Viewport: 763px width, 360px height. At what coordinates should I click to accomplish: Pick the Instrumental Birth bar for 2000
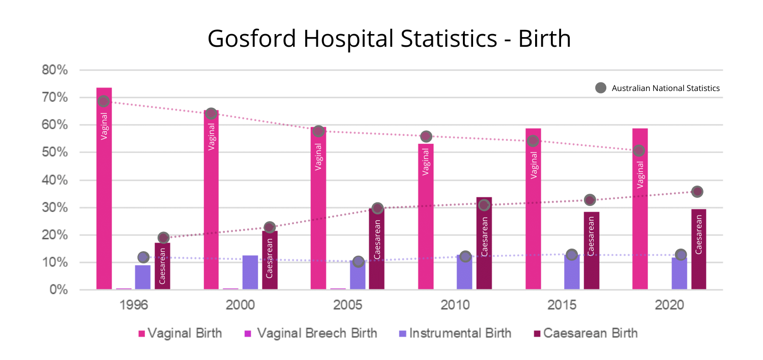(250, 273)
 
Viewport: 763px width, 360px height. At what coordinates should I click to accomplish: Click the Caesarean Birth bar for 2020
(698, 249)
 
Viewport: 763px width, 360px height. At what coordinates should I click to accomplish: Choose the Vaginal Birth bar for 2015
(533, 208)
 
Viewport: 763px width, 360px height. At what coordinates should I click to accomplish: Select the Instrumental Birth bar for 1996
(142, 277)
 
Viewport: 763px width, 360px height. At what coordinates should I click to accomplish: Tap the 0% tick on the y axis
(58, 290)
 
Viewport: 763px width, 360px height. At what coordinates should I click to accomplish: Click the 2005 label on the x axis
(348, 306)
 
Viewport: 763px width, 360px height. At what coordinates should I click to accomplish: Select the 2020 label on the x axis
(669, 306)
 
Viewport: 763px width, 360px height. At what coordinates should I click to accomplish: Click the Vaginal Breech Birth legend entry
(311, 334)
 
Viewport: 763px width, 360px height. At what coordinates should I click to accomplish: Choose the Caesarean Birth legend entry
(585, 334)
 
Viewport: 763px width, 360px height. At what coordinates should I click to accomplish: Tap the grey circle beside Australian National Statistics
(601, 88)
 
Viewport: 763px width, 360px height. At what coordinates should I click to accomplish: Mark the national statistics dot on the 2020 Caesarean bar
(697, 192)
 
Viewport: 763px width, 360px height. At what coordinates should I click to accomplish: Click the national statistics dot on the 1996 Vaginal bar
(104, 101)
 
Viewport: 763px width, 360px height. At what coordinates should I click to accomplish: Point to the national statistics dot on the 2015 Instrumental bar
(572, 255)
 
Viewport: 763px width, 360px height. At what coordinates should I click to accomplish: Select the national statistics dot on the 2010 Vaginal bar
(426, 136)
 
